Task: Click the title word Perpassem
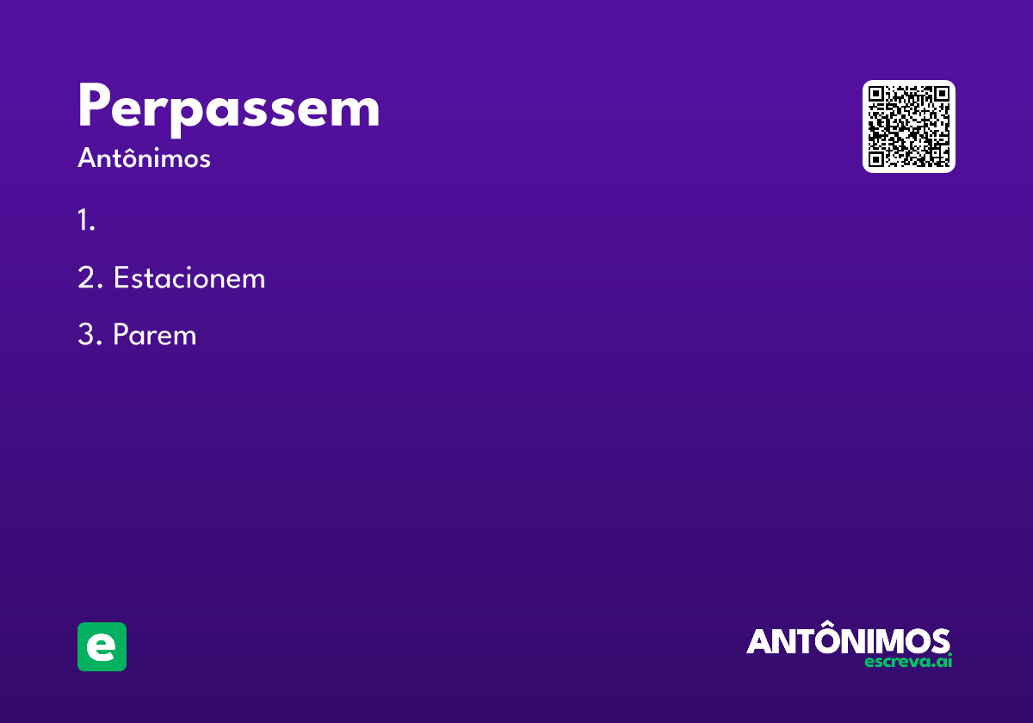click(x=229, y=109)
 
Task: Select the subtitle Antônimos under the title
click(x=144, y=158)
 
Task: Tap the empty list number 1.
click(x=86, y=219)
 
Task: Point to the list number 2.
click(x=90, y=277)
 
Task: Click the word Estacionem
click(x=189, y=277)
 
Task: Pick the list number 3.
click(x=90, y=334)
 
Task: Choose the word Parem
click(x=155, y=334)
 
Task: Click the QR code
click(x=908, y=127)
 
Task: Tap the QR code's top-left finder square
click(x=875, y=94)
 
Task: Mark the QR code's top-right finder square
click(x=942, y=94)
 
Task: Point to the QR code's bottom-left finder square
click(x=875, y=159)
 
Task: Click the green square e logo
click(x=102, y=646)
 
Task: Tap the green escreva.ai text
click(x=908, y=661)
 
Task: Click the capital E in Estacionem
click(x=121, y=277)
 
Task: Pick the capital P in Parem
click(x=120, y=334)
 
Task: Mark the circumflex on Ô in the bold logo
click(x=829, y=623)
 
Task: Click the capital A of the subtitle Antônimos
click(x=87, y=158)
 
